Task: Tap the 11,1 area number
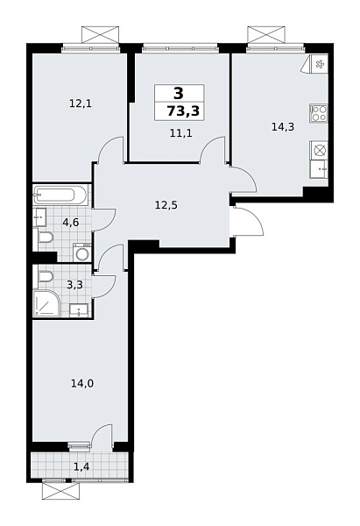(x=181, y=132)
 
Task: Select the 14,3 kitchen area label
(x=282, y=126)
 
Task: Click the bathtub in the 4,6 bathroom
(x=60, y=195)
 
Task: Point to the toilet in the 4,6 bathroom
(x=44, y=238)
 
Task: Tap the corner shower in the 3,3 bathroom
(x=48, y=303)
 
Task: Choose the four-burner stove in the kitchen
(x=319, y=113)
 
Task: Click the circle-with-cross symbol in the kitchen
(x=320, y=150)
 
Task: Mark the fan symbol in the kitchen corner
(x=319, y=64)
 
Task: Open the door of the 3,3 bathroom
(x=106, y=285)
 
